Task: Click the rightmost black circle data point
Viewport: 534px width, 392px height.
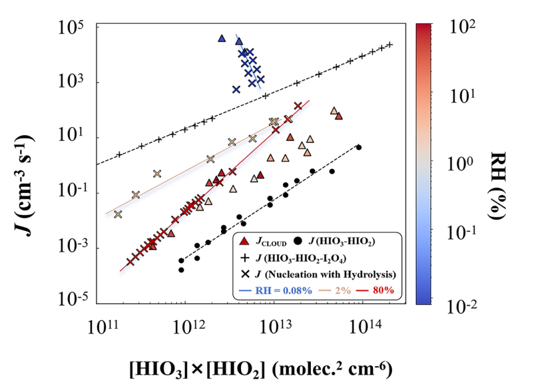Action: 359,147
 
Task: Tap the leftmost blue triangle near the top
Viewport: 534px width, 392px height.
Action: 222,39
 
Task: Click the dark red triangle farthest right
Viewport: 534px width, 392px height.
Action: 339,116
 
